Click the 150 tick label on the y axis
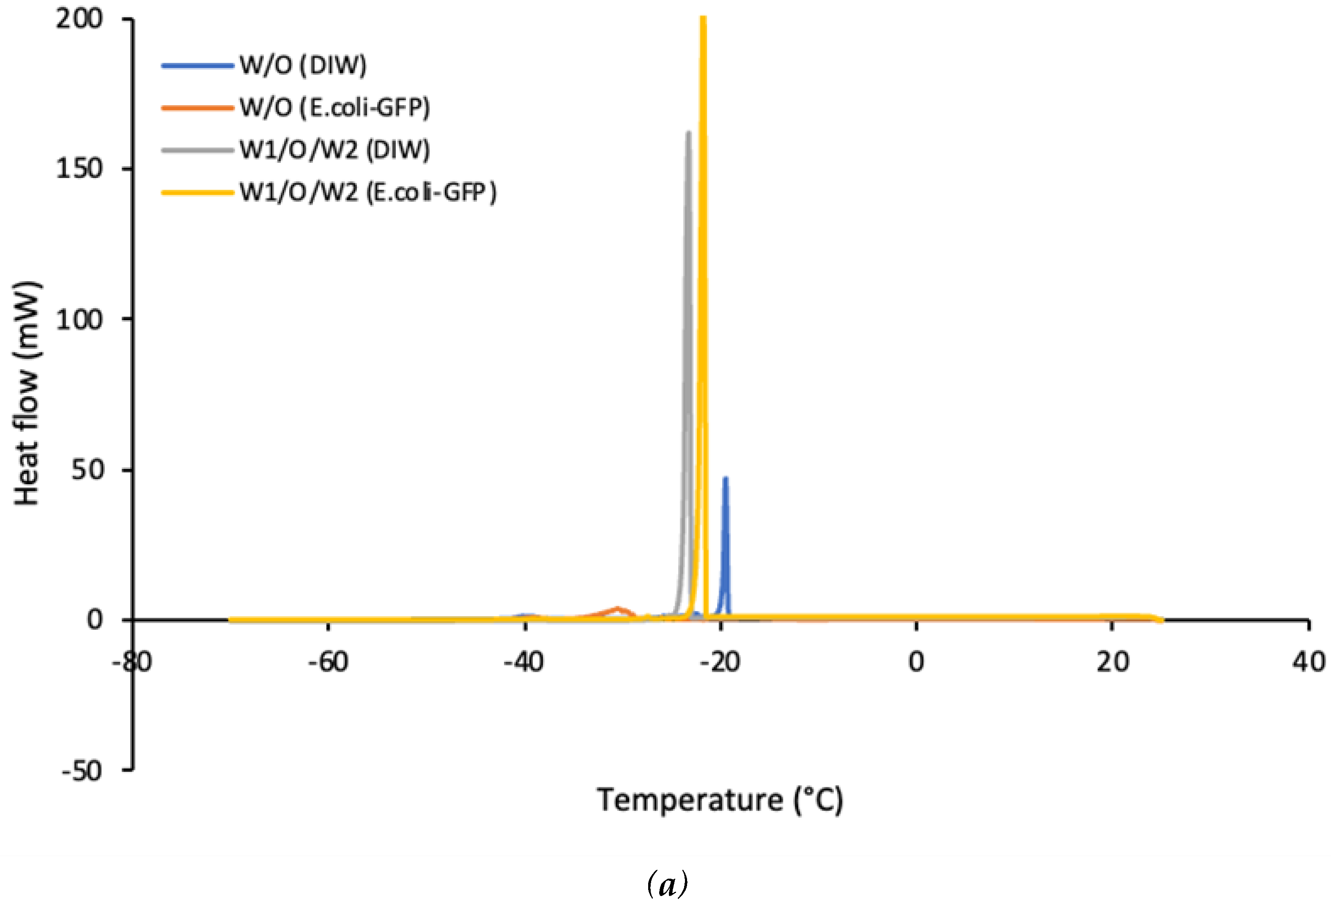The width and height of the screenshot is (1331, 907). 79,168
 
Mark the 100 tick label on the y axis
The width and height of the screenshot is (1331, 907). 79,319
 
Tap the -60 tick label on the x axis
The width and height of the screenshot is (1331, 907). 328,662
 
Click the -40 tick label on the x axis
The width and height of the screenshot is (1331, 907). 524,662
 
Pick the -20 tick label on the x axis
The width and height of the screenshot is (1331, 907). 720,662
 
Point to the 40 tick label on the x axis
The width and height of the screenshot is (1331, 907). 1308,662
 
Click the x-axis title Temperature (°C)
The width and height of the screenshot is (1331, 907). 720,800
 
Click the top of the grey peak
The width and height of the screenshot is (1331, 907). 688,133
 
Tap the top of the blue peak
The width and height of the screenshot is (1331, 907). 726,478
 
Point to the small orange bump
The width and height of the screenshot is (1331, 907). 617,608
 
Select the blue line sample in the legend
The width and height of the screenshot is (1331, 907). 197,65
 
